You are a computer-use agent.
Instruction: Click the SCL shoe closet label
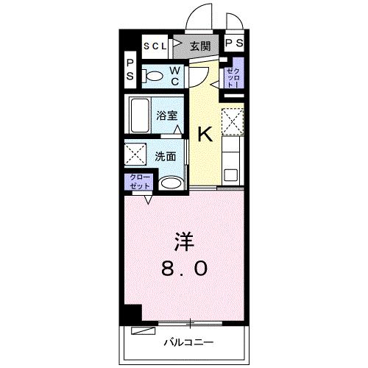(155, 46)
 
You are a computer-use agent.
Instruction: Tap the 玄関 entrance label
(199, 46)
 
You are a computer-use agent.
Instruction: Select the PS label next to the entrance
(233, 45)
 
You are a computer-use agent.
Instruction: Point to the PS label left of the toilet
(130, 69)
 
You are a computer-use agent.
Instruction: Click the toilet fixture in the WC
(154, 75)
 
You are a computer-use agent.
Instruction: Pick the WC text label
(176, 76)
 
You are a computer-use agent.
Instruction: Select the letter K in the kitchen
(205, 134)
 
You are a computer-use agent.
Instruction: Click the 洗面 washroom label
(166, 156)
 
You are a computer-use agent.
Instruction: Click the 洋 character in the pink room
(184, 241)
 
